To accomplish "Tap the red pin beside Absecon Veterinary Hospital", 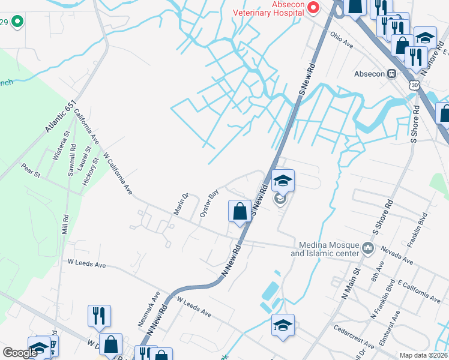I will coord(313,7).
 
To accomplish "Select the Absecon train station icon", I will coord(391,74).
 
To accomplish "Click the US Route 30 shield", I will coord(415,85).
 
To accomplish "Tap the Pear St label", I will coord(30,170).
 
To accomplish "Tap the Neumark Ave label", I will coord(149,309).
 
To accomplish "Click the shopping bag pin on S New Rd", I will coord(240,211).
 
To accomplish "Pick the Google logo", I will coord(20,353).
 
